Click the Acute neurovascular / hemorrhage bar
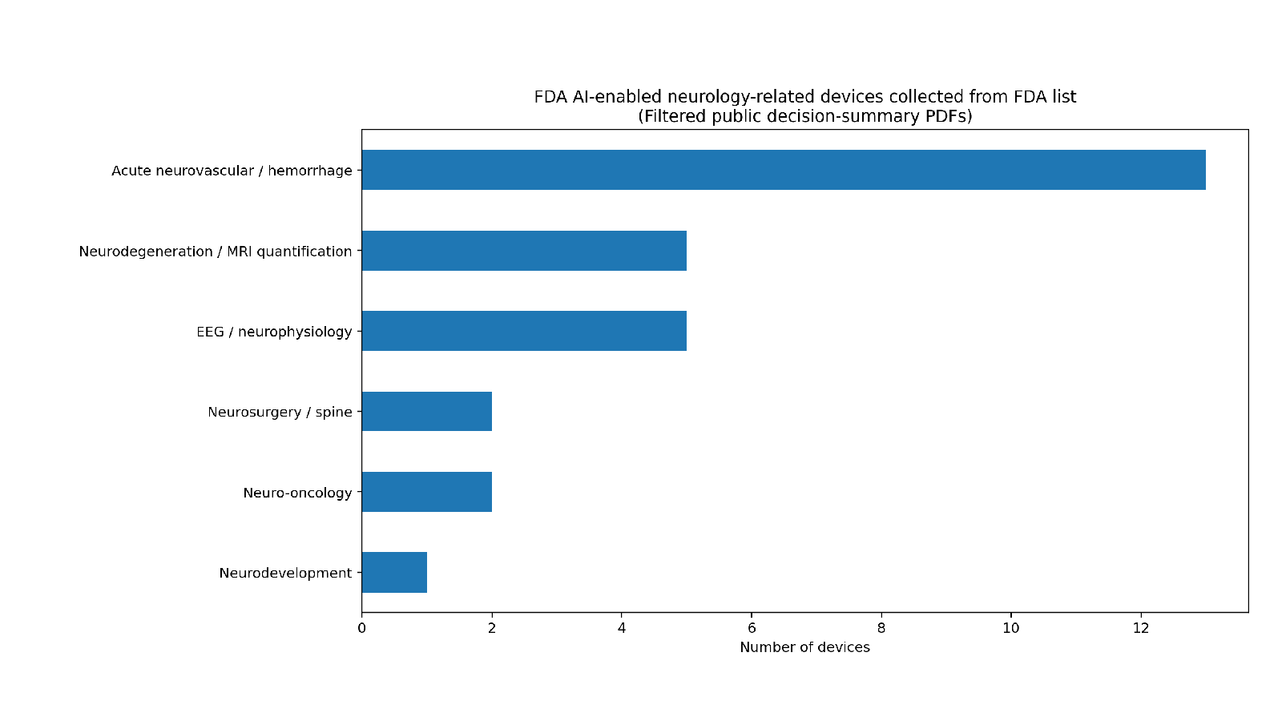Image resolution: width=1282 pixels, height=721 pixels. [784, 170]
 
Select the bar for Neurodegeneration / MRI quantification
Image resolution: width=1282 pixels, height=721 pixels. [524, 251]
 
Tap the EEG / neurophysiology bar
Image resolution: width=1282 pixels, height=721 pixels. [524, 331]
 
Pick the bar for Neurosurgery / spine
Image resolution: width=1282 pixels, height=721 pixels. [427, 412]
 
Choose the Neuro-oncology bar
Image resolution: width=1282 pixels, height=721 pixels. [427, 492]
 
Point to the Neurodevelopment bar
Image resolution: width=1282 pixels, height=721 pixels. [394, 572]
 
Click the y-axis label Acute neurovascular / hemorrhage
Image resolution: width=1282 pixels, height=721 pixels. [232, 171]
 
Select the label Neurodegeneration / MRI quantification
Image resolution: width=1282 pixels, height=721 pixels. [216, 252]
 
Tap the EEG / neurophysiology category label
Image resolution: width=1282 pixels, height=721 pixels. [274, 332]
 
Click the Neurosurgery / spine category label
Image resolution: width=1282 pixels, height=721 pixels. [280, 412]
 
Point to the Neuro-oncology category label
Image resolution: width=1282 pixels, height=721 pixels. [297, 493]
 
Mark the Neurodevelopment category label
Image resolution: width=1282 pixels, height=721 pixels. [285, 573]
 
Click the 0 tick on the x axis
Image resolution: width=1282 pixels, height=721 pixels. [361, 628]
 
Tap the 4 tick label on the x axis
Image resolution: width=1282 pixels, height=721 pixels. [622, 628]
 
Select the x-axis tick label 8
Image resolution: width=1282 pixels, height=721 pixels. [881, 628]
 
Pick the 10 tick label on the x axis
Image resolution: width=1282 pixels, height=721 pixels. [1011, 628]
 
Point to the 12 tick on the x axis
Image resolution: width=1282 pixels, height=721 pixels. [1141, 628]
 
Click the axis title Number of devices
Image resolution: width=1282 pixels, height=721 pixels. [804, 647]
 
